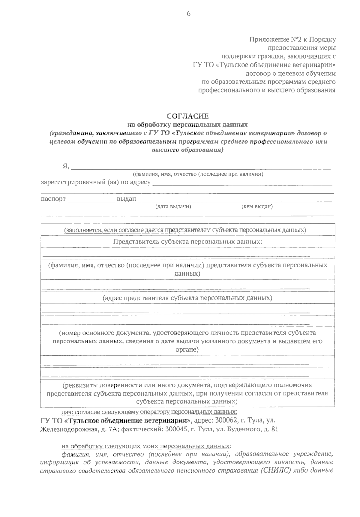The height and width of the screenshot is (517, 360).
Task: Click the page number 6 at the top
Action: click(x=189, y=14)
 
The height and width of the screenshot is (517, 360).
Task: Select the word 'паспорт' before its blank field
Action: click(x=53, y=199)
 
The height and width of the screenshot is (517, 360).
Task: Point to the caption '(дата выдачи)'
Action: click(x=173, y=207)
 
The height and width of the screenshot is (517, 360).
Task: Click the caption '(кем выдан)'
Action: click(x=257, y=207)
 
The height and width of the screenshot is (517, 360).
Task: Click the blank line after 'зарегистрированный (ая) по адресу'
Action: click(x=242, y=183)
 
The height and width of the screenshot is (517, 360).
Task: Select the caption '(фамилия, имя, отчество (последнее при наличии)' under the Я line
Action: click(x=198, y=174)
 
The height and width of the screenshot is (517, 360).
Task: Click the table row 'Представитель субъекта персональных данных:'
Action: click(x=188, y=241)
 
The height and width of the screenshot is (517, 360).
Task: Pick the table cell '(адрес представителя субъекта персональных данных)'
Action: click(x=188, y=298)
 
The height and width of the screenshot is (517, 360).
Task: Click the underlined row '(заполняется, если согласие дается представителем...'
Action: click(x=185, y=230)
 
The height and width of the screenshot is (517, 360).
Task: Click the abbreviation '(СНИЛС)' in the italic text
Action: click(x=274, y=470)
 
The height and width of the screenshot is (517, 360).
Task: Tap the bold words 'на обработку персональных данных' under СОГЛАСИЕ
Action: click(x=188, y=124)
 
